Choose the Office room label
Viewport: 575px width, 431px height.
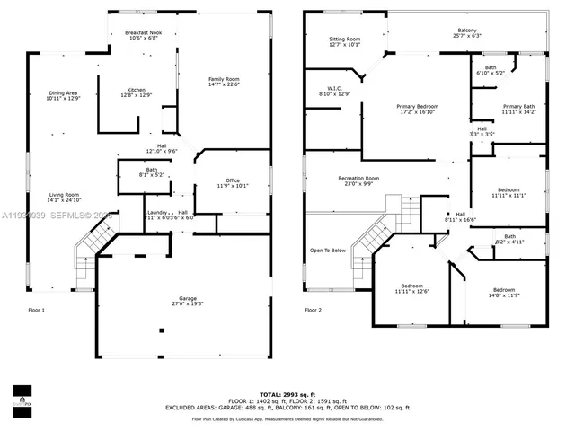[232, 183]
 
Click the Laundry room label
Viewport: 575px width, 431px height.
[157, 213]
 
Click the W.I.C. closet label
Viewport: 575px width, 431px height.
[332, 91]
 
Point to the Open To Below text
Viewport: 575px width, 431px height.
[328, 250]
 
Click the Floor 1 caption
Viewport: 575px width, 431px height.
[36, 310]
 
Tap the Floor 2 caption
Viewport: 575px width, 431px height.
[313, 310]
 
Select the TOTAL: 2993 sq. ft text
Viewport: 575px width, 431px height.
[287, 393]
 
